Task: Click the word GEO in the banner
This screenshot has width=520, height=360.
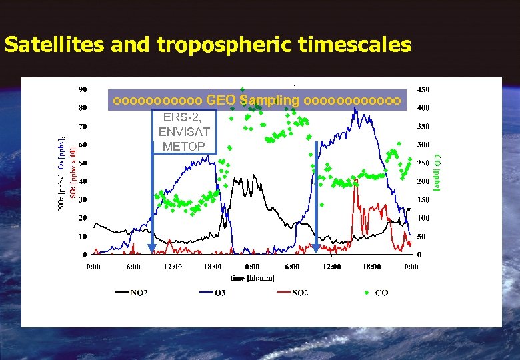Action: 221,100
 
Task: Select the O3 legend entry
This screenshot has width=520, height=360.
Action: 219,293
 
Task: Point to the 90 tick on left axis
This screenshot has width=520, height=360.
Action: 83,89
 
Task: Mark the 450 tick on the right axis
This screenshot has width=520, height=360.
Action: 423,89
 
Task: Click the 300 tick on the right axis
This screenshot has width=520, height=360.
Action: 423,145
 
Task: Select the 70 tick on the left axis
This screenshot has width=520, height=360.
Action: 83,126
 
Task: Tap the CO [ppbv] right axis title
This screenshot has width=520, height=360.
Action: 438,173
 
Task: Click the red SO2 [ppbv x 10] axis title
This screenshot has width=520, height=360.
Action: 73,173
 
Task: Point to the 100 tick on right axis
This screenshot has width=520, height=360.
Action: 423,218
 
